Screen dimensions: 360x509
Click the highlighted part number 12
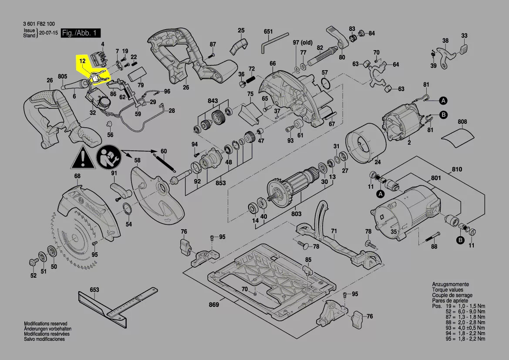coord(82,61)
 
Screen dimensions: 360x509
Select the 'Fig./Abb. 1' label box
coord(81,33)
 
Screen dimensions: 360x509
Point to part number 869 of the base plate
coord(213,305)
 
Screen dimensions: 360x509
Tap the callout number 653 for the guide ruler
coord(94,289)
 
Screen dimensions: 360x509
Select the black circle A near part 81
coord(443,101)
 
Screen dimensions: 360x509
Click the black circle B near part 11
coord(460,240)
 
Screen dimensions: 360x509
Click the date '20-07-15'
coord(48,33)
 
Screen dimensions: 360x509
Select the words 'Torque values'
coord(448,290)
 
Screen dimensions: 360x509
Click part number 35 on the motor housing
coord(394,232)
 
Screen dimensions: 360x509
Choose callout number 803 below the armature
coord(296,214)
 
